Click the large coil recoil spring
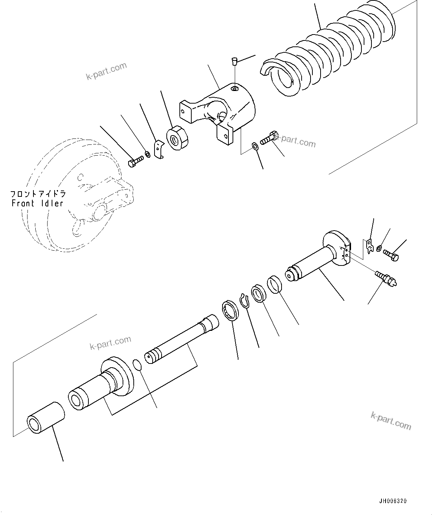click(x=334, y=52)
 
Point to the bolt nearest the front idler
click(x=135, y=162)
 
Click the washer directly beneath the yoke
click(x=255, y=145)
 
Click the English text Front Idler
click(x=38, y=203)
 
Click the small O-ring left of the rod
click(x=137, y=365)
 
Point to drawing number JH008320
click(x=393, y=501)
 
